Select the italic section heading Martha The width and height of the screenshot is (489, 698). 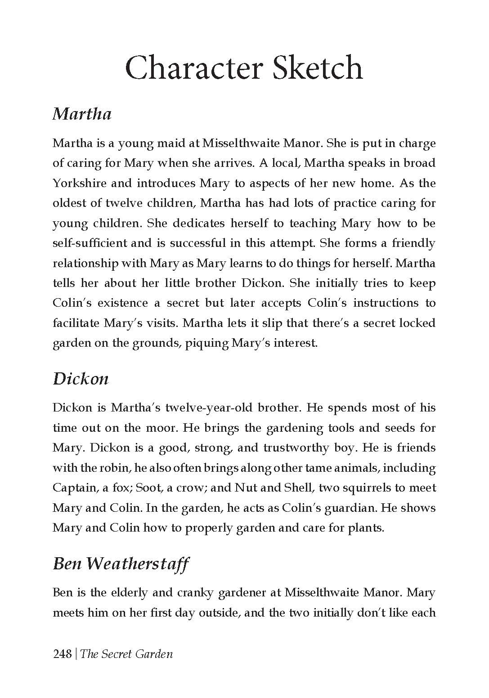pos(82,113)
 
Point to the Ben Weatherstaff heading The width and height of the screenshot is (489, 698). pos(121,563)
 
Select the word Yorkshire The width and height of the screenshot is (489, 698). pos(80,183)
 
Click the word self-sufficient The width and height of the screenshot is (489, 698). pos(90,243)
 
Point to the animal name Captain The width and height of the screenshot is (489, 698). pos(74,488)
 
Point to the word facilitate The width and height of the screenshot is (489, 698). pos(76,323)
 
